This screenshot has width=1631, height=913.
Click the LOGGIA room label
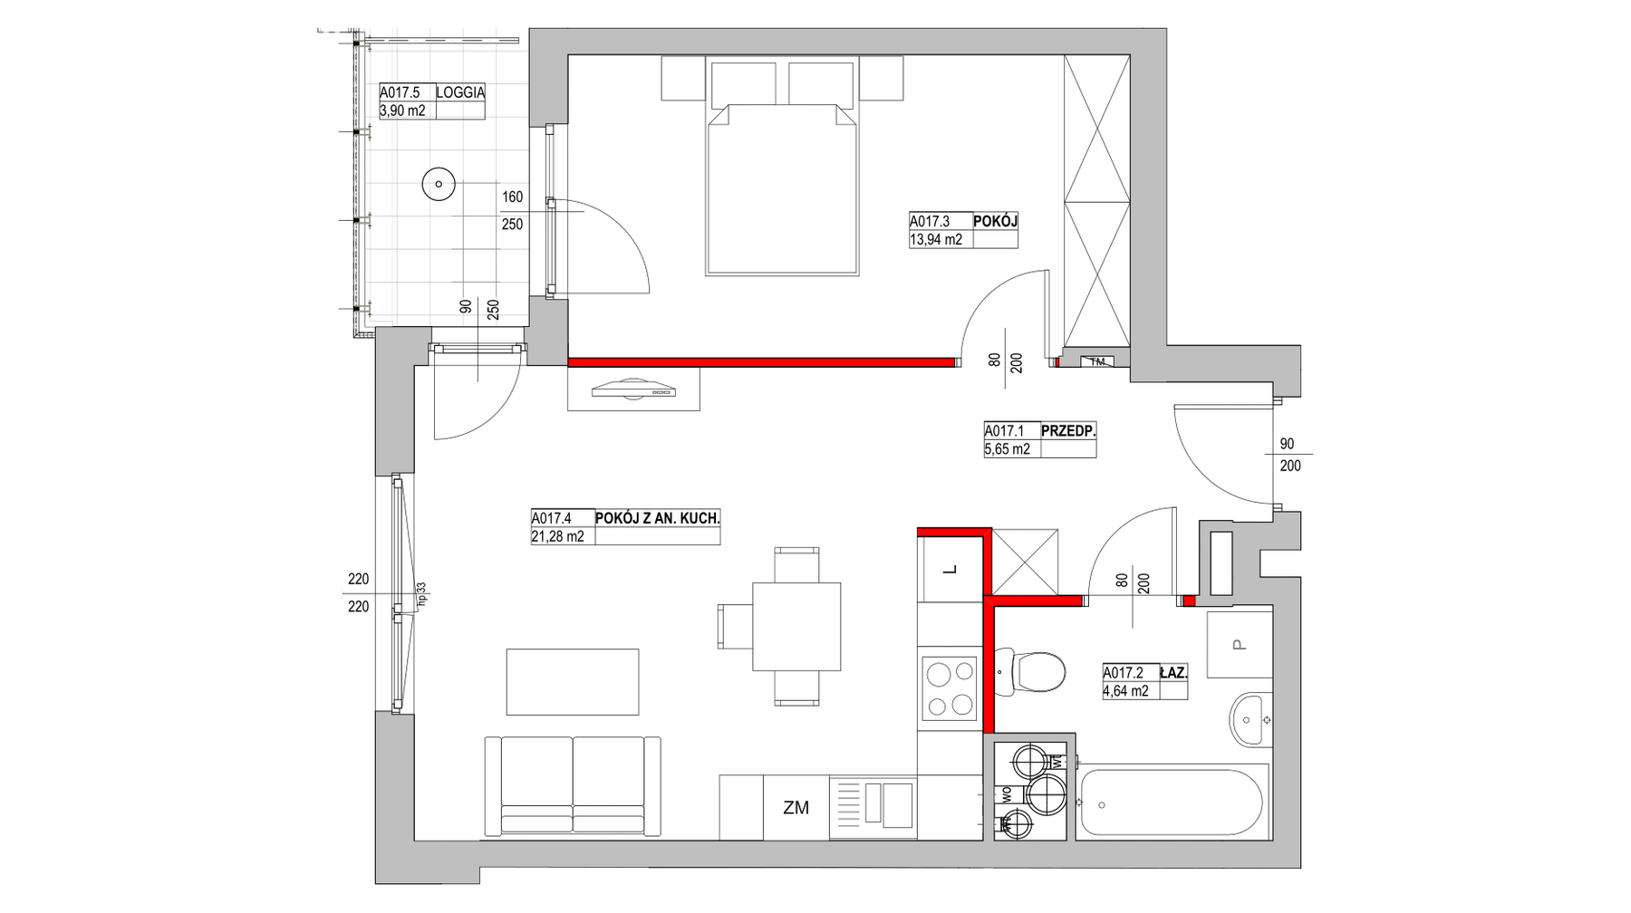coord(460,92)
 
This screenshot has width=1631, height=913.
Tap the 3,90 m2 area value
coord(402,111)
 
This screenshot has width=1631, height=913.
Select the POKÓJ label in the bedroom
coord(996,221)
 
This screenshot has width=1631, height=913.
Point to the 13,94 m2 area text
coord(936,240)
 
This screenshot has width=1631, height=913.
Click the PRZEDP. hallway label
coord(1068,431)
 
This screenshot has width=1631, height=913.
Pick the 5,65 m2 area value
coord(1007,449)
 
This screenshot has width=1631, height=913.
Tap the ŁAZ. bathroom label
coord(1173,673)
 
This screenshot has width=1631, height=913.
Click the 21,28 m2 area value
coord(557,536)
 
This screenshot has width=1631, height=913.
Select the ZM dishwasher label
coord(796,808)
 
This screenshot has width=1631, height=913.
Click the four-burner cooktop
coord(949,687)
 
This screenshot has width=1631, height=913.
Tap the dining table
coord(796,626)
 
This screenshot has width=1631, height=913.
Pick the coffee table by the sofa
coord(573,681)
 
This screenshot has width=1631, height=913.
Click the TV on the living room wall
coord(634,390)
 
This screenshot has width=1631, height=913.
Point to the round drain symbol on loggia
coord(439,185)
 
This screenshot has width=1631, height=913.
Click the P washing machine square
coord(1239,645)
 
